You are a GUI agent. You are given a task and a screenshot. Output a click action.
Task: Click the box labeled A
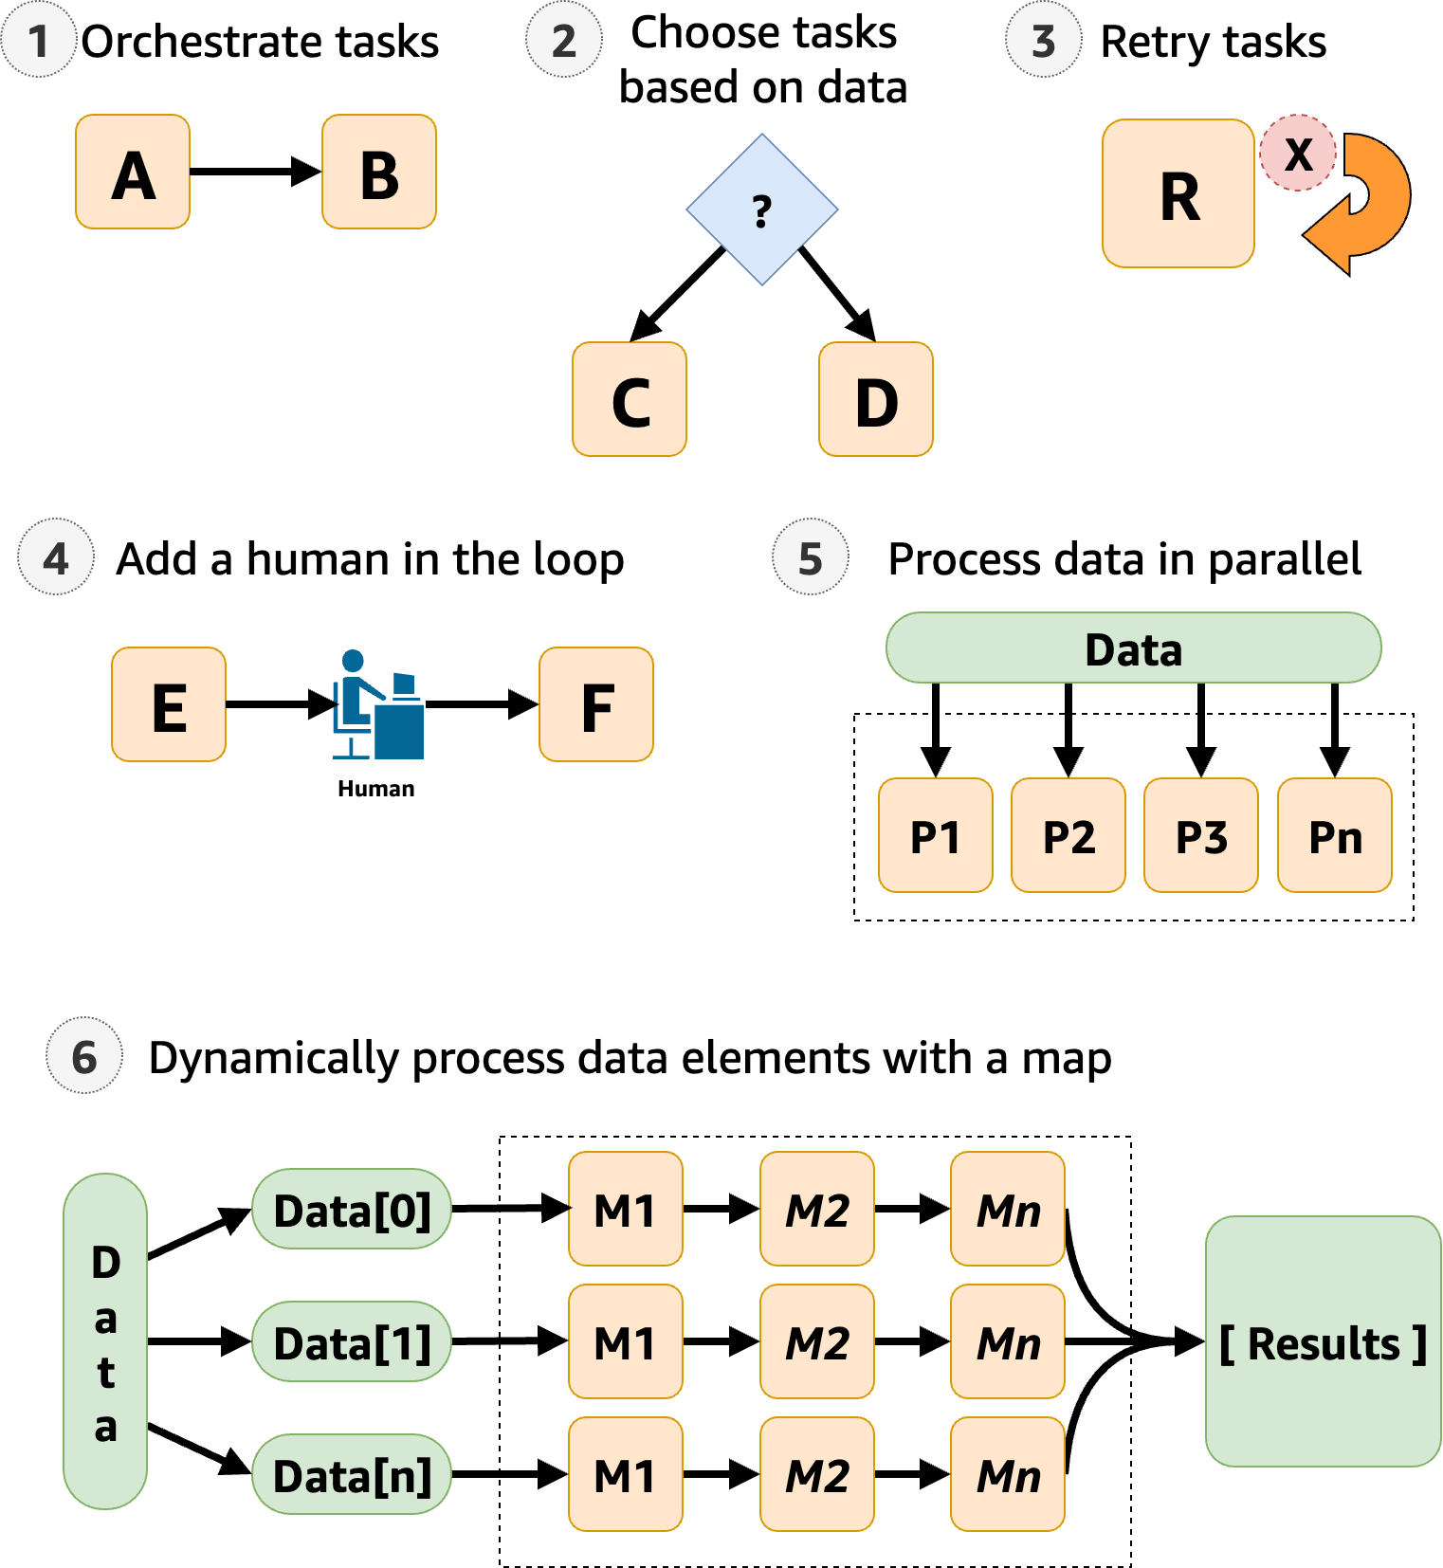(133, 172)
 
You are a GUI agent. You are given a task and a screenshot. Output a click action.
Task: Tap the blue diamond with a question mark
(761, 210)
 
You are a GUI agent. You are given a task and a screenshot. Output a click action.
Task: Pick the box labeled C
(630, 399)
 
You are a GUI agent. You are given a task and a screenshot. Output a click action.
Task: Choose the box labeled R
(1178, 193)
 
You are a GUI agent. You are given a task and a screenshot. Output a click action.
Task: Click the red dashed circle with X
(1298, 153)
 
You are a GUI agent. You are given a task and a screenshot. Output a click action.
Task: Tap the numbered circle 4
(56, 557)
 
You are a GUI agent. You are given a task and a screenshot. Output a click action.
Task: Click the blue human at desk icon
(377, 705)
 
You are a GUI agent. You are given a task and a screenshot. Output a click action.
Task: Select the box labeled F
(596, 704)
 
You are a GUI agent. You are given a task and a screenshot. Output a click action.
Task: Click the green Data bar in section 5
(1133, 648)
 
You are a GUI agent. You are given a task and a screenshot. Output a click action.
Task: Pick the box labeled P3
(1201, 835)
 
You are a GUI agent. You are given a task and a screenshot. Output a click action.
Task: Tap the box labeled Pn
(1335, 835)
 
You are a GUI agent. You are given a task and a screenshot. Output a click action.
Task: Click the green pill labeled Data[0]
(352, 1209)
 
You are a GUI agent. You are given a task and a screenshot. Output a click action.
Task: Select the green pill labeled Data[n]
(352, 1474)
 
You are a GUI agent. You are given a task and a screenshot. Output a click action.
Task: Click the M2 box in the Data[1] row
(817, 1341)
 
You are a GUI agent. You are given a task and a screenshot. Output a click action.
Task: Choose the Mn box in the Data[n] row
(1008, 1474)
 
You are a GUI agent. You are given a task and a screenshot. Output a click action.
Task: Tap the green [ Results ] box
(1323, 1341)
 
